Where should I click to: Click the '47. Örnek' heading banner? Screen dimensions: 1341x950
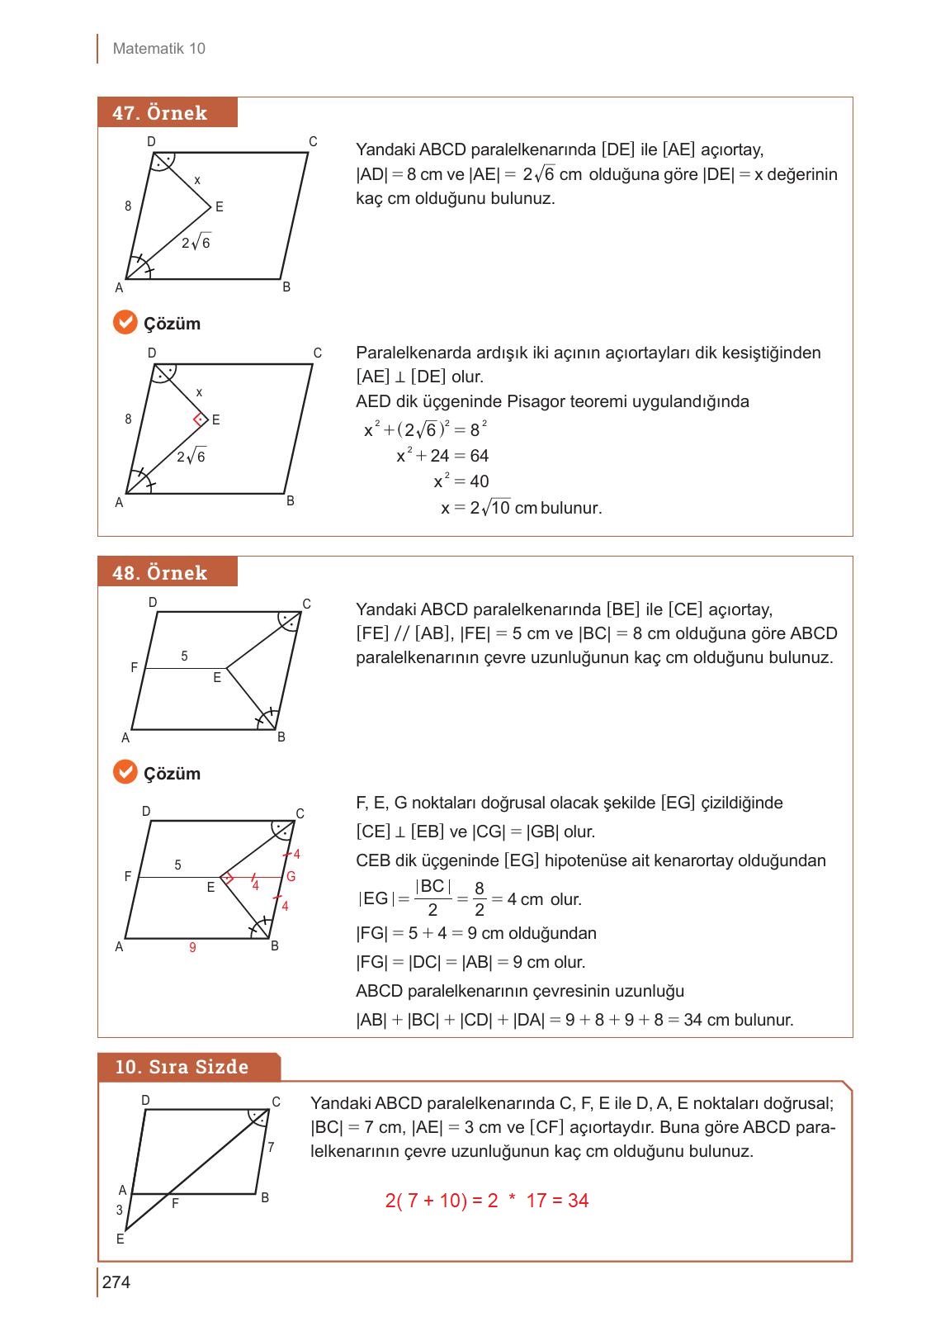coord(167,113)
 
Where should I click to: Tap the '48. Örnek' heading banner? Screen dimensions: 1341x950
coord(167,572)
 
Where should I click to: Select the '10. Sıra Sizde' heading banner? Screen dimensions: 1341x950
coord(188,1067)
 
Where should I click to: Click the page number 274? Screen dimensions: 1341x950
coord(116,1282)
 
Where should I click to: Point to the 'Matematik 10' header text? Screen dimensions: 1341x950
coord(158,49)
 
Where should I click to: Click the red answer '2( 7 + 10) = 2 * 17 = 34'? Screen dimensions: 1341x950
coord(486,1201)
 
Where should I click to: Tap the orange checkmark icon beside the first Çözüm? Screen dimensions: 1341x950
coord(125,323)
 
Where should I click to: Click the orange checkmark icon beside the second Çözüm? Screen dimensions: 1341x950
coord(125,773)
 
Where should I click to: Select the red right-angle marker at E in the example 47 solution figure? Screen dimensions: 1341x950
coord(198,420)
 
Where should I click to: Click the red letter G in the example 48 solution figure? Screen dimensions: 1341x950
coord(291,877)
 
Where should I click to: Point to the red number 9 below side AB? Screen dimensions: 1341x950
coord(192,948)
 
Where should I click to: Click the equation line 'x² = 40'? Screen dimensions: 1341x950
coord(461,481)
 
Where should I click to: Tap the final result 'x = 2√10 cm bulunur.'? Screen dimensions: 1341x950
coord(521,508)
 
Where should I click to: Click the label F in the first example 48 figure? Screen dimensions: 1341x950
coord(134,667)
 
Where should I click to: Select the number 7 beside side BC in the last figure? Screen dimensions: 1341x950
coord(271,1148)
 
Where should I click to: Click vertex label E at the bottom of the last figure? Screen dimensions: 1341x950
coord(121,1239)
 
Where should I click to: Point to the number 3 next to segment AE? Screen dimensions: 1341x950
coord(119,1211)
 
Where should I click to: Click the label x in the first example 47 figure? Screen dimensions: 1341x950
coord(197,180)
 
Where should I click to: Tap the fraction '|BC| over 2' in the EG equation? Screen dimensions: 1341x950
coord(432,898)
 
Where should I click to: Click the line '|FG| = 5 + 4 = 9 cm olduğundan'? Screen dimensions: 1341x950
coord(476,934)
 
